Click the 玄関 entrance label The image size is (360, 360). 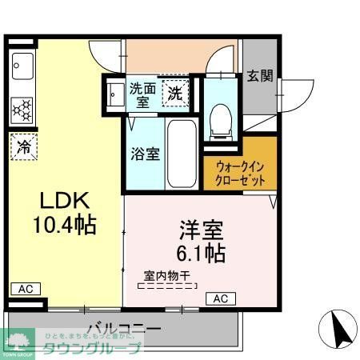click(259, 76)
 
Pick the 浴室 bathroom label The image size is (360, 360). click(145, 153)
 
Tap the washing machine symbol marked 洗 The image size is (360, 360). click(174, 94)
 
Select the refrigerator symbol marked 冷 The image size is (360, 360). click(25, 147)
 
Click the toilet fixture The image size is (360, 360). click(218, 120)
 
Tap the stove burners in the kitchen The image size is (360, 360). click(22, 106)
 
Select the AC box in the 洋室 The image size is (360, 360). click(220, 298)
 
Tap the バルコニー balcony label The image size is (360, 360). click(123, 328)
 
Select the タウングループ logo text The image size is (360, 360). click(103, 348)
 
